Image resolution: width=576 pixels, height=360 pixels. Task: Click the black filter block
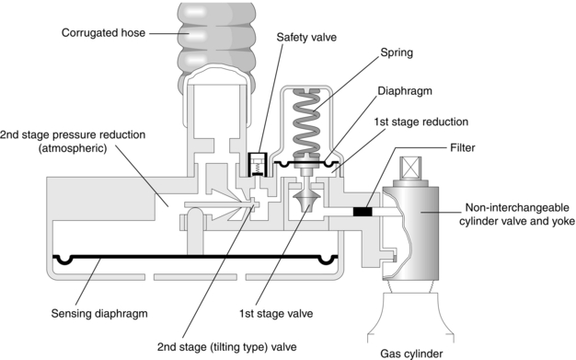tap(363, 212)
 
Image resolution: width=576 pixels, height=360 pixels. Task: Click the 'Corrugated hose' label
tap(104, 33)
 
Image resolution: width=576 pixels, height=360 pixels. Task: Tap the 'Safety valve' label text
tap(306, 37)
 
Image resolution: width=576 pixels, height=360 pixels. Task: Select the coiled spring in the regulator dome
tap(306, 122)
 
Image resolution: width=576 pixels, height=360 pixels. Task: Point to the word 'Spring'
tap(397, 53)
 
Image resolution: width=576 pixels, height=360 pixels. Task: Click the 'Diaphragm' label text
tap(405, 91)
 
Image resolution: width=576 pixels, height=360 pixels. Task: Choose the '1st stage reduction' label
tap(421, 122)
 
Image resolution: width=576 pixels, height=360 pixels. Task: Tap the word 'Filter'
tap(463, 148)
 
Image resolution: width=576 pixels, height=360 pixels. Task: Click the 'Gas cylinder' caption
tap(411, 354)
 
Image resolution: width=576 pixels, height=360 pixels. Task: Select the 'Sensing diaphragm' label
tap(99, 314)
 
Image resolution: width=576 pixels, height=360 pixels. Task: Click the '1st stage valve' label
tap(276, 314)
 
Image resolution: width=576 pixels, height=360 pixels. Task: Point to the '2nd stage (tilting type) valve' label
tap(226, 347)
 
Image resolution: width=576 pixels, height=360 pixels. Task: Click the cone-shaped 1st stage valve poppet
tap(307, 199)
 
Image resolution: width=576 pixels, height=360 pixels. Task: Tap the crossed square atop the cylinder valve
tap(410, 168)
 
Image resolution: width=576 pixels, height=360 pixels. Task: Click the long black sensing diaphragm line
tap(195, 257)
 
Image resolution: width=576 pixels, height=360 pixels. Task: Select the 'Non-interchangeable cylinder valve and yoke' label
tap(517, 215)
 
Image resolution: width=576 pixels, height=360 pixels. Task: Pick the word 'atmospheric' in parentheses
tap(73, 149)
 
